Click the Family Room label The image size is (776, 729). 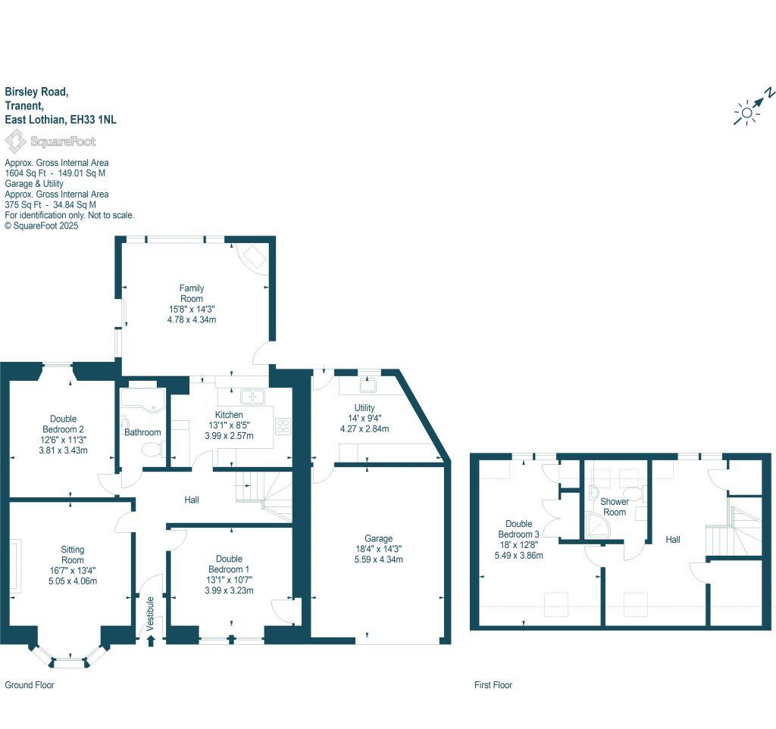(192, 293)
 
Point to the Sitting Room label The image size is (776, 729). (73, 555)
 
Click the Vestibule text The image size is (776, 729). (150, 609)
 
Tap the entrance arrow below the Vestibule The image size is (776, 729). (150, 640)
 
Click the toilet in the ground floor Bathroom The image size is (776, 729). (152, 450)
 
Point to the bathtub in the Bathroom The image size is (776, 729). (142, 400)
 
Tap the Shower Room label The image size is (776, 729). (614, 506)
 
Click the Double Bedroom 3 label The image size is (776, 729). (519, 534)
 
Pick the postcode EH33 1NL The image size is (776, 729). (93, 120)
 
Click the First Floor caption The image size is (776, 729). (493, 685)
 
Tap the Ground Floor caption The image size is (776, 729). (30, 685)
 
